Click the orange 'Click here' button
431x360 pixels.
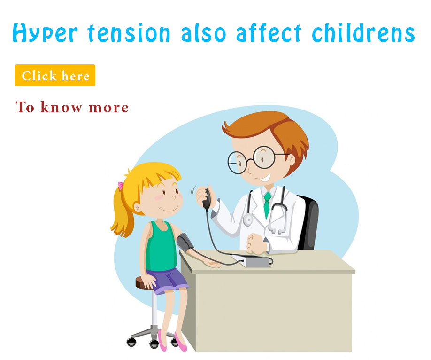55,75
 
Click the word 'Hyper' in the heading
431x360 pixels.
46,33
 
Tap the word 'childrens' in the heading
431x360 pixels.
363,32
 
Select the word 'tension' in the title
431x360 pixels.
129,33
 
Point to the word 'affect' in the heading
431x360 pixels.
269,32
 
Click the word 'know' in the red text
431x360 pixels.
62,107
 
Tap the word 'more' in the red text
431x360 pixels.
108,108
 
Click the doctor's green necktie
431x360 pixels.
267,204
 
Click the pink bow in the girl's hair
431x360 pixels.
120,186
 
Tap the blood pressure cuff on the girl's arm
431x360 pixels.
185,242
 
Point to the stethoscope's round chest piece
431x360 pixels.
248,219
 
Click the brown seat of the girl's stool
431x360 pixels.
142,283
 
